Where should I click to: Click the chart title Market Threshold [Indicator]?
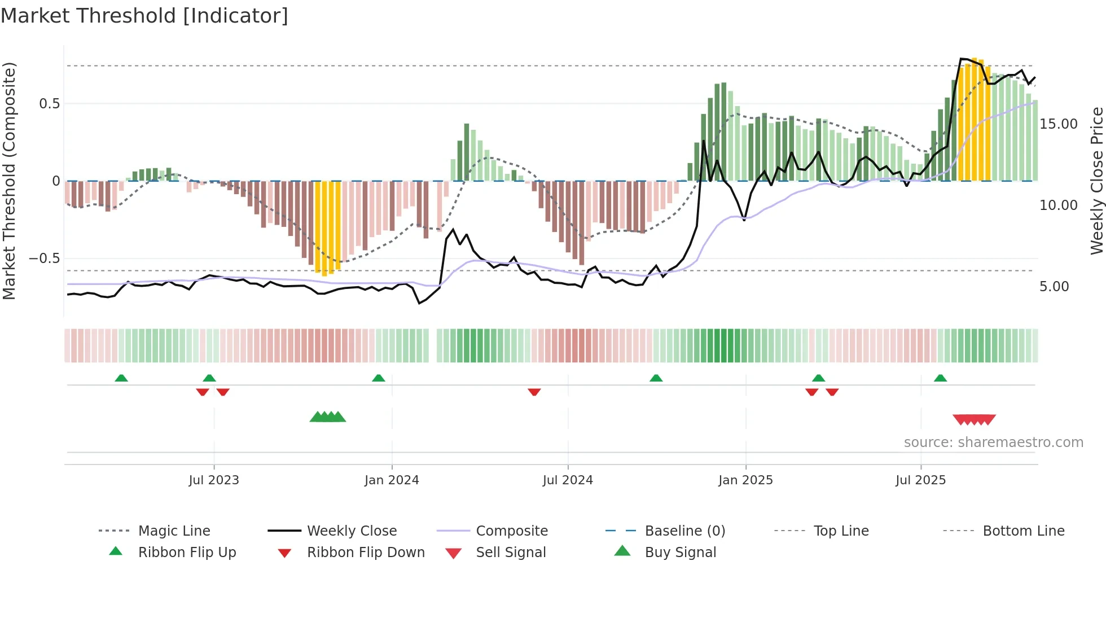[144, 16]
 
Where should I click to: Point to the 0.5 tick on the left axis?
[49, 104]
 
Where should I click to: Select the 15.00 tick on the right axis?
[1058, 124]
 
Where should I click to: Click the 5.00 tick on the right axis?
[1054, 287]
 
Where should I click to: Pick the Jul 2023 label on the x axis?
[214, 480]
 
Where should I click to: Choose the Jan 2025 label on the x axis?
[745, 480]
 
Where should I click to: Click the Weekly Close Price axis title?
[1096, 181]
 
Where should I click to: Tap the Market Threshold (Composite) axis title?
[9, 181]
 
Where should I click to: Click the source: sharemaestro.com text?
[993, 443]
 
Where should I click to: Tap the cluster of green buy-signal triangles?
[328, 417]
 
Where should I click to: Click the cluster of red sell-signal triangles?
[974, 419]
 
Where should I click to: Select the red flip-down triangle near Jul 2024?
[534, 392]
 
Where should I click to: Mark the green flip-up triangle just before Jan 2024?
[379, 378]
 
